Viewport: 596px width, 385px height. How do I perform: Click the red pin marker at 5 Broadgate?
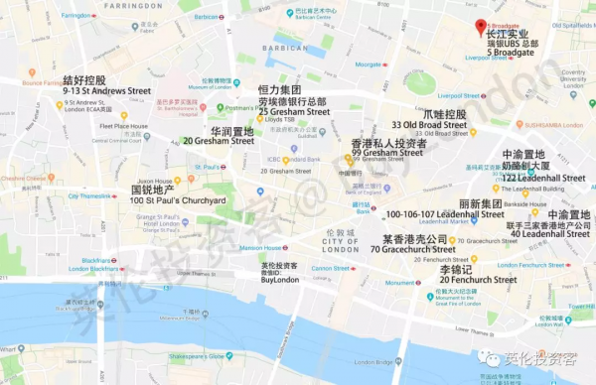point(480,26)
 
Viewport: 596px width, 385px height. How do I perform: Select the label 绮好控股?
point(84,79)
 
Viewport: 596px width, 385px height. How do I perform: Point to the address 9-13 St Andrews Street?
point(104,90)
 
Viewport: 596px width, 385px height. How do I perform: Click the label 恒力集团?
point(278,90)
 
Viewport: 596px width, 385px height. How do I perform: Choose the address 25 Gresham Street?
point(293,112)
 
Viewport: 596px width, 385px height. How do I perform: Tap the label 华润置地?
point(230,130)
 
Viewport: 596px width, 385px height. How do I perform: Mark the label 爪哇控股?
point(444,114)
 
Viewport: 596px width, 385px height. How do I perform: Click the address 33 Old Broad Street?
point(429,126)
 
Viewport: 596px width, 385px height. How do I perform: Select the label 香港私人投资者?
point(388,144)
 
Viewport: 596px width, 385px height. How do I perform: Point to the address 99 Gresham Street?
point(387,154)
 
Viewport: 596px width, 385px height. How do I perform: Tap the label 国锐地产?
point(153,190)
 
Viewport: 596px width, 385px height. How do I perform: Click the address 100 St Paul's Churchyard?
point(178,201)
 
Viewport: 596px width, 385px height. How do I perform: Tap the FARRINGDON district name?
point(124,5)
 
